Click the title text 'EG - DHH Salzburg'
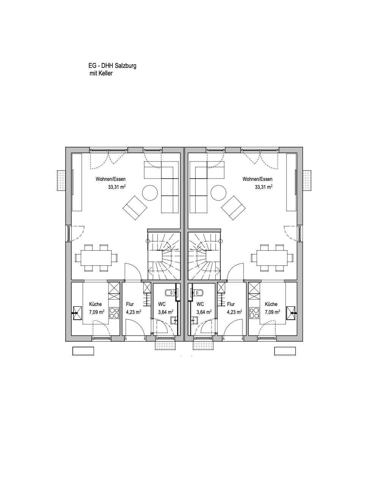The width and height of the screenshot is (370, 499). [x=112, y=66]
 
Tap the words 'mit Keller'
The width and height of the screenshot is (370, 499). [x=101, y=73]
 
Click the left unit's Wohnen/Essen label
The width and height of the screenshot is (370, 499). [x=111, y=179]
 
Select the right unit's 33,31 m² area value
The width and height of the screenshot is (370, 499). [x=263, y=187]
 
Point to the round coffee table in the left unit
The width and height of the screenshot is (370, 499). [x=150, y=193]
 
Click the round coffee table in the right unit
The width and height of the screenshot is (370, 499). [x=219, y=193]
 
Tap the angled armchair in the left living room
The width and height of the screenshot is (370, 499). [x=135, y=208]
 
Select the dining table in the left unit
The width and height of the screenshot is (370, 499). [x=96, y=258]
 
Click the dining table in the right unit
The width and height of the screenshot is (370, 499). [x=272, y=258]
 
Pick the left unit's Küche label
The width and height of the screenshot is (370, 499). [x=96, y=304]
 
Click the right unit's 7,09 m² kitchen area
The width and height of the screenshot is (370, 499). [x=273, y=312]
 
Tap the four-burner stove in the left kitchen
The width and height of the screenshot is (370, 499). [x=114, y=313]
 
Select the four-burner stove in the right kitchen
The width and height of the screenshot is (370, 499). [x=254, y=313]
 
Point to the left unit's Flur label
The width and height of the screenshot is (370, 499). [x=130, y=304]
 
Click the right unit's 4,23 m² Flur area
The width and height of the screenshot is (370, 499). [x=235, y=312]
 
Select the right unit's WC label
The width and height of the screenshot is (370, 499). [x=200, y=304]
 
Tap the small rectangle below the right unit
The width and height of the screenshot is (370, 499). [x=285, y=351]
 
